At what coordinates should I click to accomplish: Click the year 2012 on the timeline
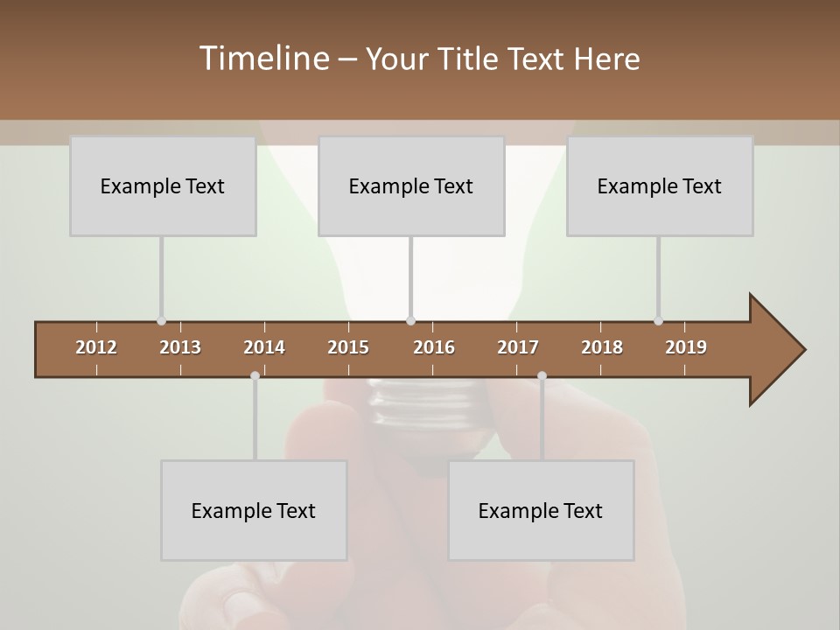pyautogui.click(x=96, y=347)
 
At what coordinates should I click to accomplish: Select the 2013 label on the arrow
pyautogui.click(x=180, y=347)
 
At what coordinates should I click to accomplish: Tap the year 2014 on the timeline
pyautogui.click(x=264, y=347)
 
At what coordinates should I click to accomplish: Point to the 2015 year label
pyautogui.click(x=348, y=347)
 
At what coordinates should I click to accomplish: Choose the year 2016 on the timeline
pyautogui.click(x=434, y=347)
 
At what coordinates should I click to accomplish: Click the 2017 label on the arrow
pyautogui.click(x=518, y=347)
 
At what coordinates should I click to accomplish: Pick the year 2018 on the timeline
pyautogui.click(x=602, y=347)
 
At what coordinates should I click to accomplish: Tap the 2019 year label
pyautogui.click(x=686, y=347)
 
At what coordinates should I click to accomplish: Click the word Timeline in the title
pyautogui.click(x=263, y=59)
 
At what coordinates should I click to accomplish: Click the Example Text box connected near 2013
pyautogui.click(x=163, y=185)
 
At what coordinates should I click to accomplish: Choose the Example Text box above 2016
pyautogui.click(x=411, y=185)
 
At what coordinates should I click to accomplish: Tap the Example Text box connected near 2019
pyautogui.click(x=660, y=185)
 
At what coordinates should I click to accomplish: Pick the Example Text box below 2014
pyautogui.click(x=254, y=510)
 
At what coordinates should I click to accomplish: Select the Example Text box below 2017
pyautogui.click(x=541, y=510)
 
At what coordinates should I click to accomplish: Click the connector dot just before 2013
pyautogui.click(x=161, y=321)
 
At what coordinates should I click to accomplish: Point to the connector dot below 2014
pyautogui.click(x=255, y=375)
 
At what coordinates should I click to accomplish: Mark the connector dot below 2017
pyautogui.click(x=542, y=375)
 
